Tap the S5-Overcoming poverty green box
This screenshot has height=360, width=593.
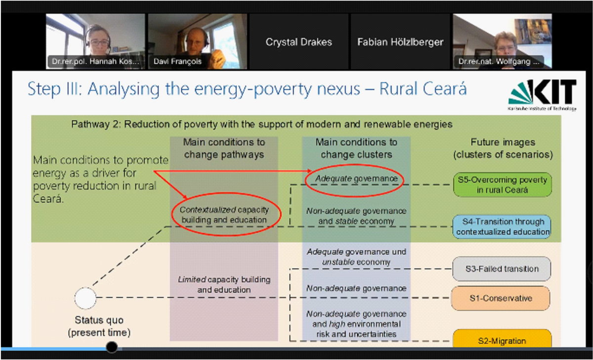click(502, 184)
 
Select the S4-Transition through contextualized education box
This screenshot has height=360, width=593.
click(502, 227)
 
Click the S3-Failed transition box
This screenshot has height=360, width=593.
click(502, 269)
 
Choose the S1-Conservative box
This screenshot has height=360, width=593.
click(501, 298)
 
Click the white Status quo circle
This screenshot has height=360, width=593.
click(85, 298)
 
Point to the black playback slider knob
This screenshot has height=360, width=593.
click(112, 347)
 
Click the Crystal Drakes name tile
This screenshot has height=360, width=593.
click(298, 42)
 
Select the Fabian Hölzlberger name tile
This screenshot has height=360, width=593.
click(400, 42)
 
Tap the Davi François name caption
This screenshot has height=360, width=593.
click(177, 61)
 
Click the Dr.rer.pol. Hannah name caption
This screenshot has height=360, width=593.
click(95, 61)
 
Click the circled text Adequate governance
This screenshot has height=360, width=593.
click(356, 179)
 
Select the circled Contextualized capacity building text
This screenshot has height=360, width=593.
click(224, 215)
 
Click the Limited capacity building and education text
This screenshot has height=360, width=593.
click(224, 284)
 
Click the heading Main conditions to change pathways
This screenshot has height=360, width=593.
click(224, 148)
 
